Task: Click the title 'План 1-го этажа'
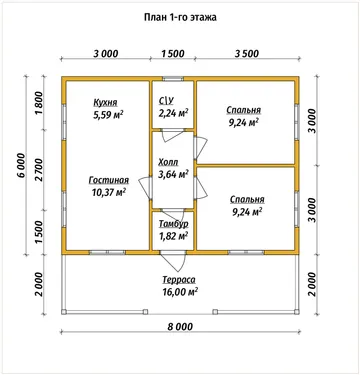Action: click(x=180, y=17)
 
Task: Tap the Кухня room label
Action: click(x=105, y=102)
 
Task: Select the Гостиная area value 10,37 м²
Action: click(x=108, y=192)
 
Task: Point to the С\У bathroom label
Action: click(x=166, y=101)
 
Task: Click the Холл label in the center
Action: click(x=168, y=162)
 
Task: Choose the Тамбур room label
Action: click(x=173, y=224)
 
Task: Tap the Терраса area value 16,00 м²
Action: click(x=180, y=292)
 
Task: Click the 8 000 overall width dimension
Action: click(x=180, y=326)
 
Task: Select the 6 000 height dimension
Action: click(x=21, y=166)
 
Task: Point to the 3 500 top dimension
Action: click(x=247, y=53)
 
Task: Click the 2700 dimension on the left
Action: click(x=39, y=169)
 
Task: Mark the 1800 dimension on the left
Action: click(x=39, y=102)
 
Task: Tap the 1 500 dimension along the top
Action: click(x=173, y=53)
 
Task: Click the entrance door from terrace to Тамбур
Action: click(x=174, y=260)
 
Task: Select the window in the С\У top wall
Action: click(x=173, y=79)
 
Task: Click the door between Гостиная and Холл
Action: click(x=146, y=188)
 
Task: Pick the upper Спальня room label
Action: click(x=244, y=110)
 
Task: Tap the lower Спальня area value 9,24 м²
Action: click(x=247, y=211)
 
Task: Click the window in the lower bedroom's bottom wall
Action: click(x=246, y=252)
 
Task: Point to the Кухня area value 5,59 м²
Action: click(x=108, y=115)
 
